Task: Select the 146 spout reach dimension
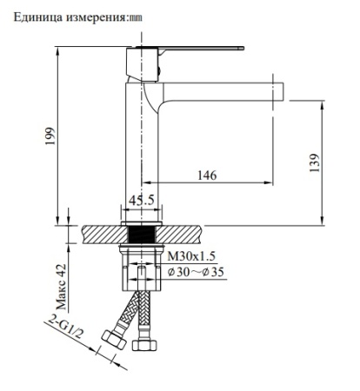tap(207, 175)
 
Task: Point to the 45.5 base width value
tap(142, 201)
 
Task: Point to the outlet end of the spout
tap(280, 88)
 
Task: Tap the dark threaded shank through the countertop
tap(140, 234)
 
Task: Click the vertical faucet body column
tap(140, 148)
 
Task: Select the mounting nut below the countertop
tap(140, 253)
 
